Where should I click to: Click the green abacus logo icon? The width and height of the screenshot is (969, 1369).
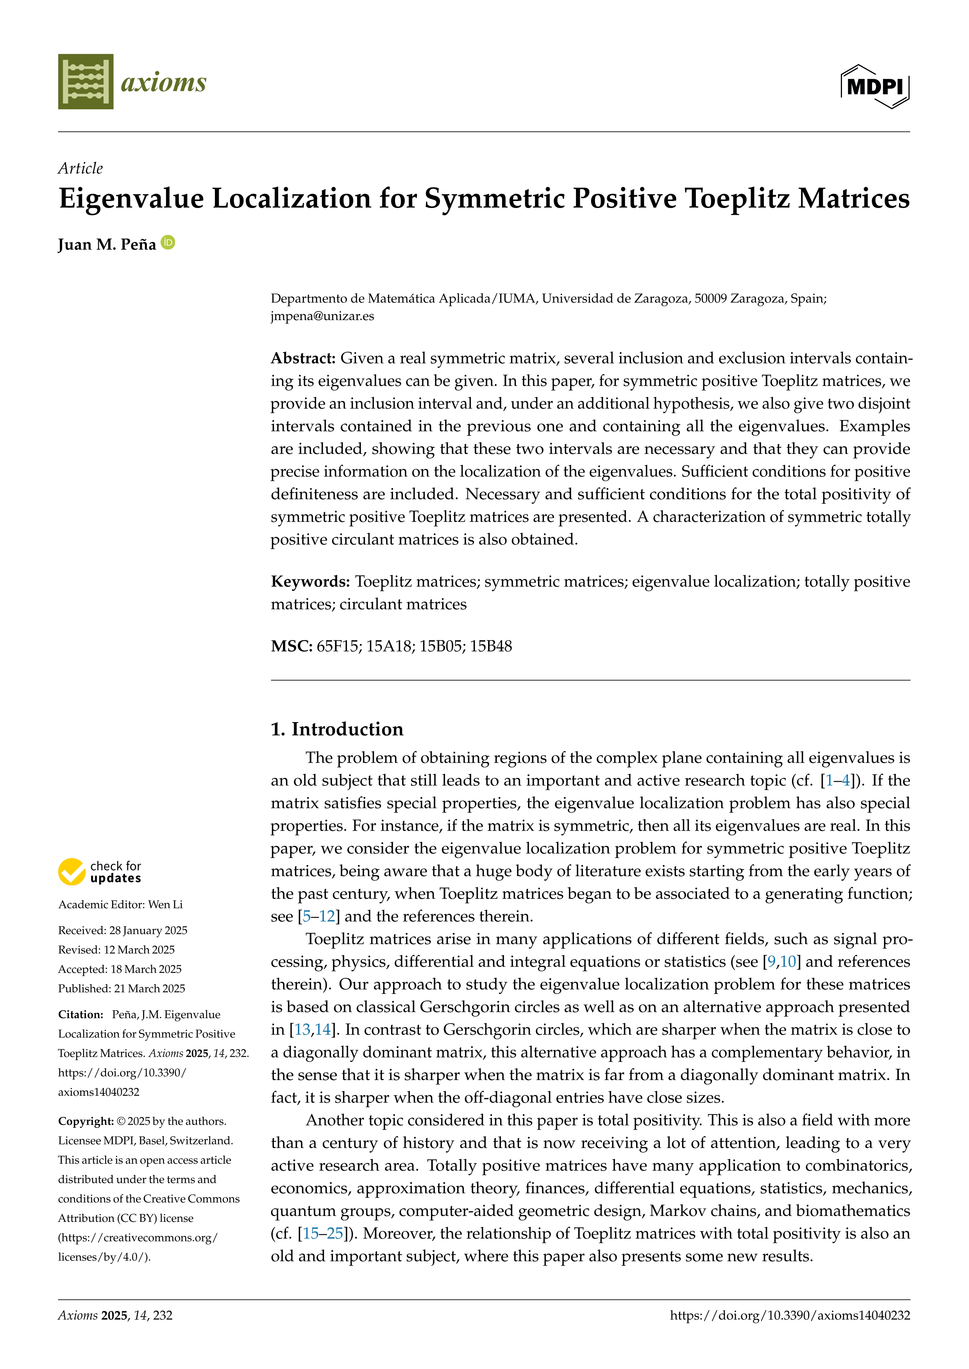point(85,82)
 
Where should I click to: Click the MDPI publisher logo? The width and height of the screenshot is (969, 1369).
point(875,86)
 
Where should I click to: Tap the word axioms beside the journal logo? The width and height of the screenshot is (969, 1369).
point(163,82)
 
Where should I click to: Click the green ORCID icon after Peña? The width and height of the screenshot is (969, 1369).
point(168,243)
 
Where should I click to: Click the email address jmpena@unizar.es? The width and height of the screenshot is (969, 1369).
point(322,316)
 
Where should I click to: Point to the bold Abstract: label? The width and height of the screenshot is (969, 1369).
point(303,358)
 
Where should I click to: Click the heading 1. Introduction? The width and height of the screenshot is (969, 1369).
point(337,729)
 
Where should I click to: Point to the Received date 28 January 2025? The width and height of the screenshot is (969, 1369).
point(148,930)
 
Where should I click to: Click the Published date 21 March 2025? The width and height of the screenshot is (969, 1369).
point(149,988)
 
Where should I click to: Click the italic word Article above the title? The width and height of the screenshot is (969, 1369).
point(80,168)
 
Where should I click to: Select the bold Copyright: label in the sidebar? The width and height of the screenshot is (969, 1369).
point(85,1121)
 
